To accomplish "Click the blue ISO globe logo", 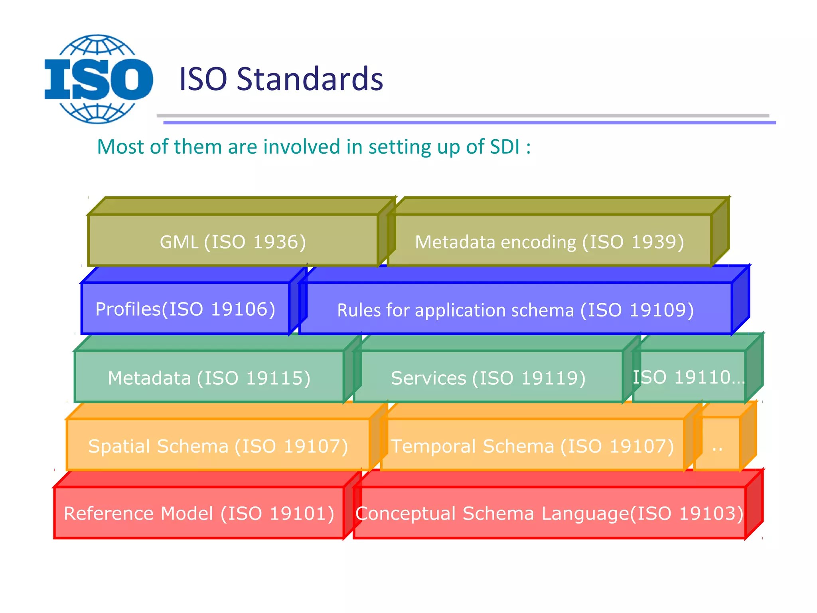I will (x=99, y=79).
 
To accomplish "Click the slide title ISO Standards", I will (x=281, y=79).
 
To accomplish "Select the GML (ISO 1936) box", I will (x=233, y=241).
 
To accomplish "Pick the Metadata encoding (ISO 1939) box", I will (x=550, y=241).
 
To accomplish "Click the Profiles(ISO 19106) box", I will (x=186, y=308).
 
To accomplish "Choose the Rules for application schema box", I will (x=515, y=309).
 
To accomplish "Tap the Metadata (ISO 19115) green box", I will (x=209, y=377).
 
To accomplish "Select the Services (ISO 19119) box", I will (x=488, y=377).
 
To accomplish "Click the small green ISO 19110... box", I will (x=689, y=377).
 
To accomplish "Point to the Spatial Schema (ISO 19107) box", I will (x=218, y=445).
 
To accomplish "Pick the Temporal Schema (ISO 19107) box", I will (x=533, y=445).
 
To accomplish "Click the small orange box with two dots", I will (x=717, y=445).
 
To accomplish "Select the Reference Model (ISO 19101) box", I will (x=199, y=513).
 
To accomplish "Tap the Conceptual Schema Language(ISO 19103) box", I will (x=550, y=513).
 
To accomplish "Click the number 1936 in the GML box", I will (x=279, y=242).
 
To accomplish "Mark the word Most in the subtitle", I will (x=120, y=146).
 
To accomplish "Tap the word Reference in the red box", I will (x=109, y=513).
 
